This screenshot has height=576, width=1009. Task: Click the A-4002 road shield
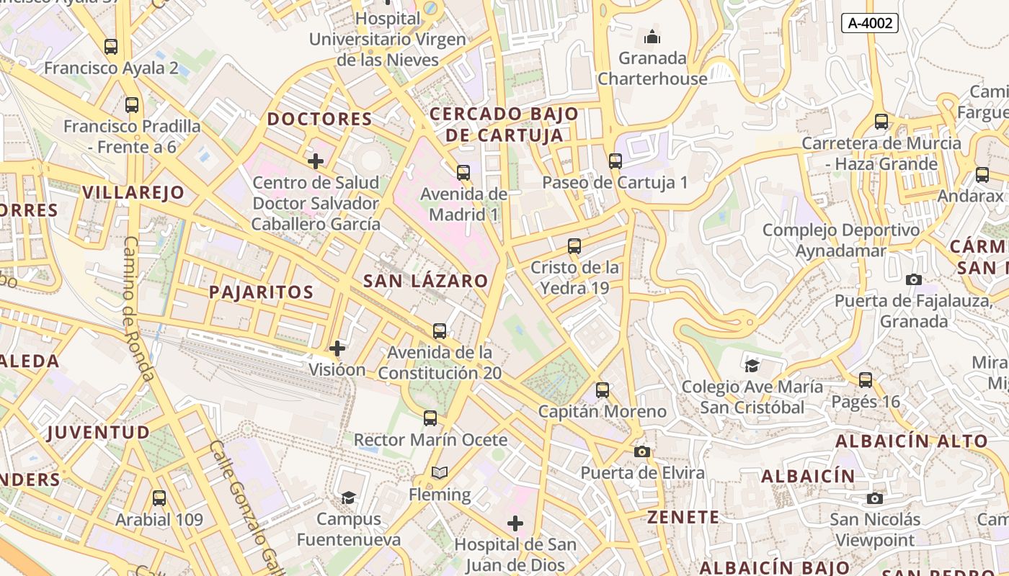[x=869, y=23]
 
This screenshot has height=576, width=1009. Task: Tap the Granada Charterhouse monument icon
[x=652, y=36]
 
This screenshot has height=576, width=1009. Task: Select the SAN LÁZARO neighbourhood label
[x=425, y=281]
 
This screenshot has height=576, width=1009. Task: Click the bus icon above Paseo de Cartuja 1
[x=615, y=161]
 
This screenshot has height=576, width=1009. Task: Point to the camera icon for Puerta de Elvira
[x=641, y=451]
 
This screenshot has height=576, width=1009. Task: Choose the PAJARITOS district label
[x=261, y=292]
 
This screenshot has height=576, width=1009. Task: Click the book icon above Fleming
[x=439, y=473]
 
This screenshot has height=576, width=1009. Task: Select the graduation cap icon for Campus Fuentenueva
[x=348, y=498]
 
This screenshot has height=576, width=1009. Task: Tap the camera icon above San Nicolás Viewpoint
[x=874, y=498]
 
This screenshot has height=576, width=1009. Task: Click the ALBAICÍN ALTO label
[x=911, y=441]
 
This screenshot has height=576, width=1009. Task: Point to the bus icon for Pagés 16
[x=865, y=379]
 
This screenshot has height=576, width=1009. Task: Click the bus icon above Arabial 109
[x=159, y=498]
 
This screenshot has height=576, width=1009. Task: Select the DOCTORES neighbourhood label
[x=319, y=119]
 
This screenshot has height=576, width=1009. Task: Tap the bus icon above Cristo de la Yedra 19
[x=574, y=246]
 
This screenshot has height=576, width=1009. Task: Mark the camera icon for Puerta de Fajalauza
[x=913, y=279]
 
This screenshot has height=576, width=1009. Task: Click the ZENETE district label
[x=683, y=517]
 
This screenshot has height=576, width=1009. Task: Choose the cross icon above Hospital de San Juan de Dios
[x=515, y=523]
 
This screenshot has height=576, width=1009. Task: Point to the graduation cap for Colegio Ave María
[x=752, y=366]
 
